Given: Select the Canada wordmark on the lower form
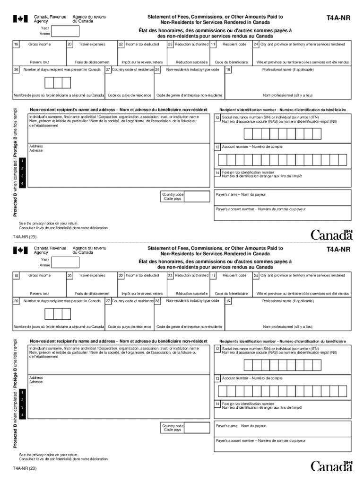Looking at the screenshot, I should point(332,466).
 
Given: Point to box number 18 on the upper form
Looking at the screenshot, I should point(16,44).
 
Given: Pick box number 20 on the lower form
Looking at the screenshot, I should point(69,276).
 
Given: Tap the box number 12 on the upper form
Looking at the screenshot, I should point(217,118).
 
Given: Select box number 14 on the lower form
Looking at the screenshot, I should point(217,404).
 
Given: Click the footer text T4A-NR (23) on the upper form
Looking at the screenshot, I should point(24,237).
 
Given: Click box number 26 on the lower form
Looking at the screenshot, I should point(16,301).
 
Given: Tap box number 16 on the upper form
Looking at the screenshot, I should point(228,70).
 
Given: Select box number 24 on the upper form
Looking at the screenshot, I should point(256,44).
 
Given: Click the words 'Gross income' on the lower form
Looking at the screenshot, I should point(40,275).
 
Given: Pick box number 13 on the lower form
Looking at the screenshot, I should point(217,378).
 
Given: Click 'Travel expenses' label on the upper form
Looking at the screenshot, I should point(92,44).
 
